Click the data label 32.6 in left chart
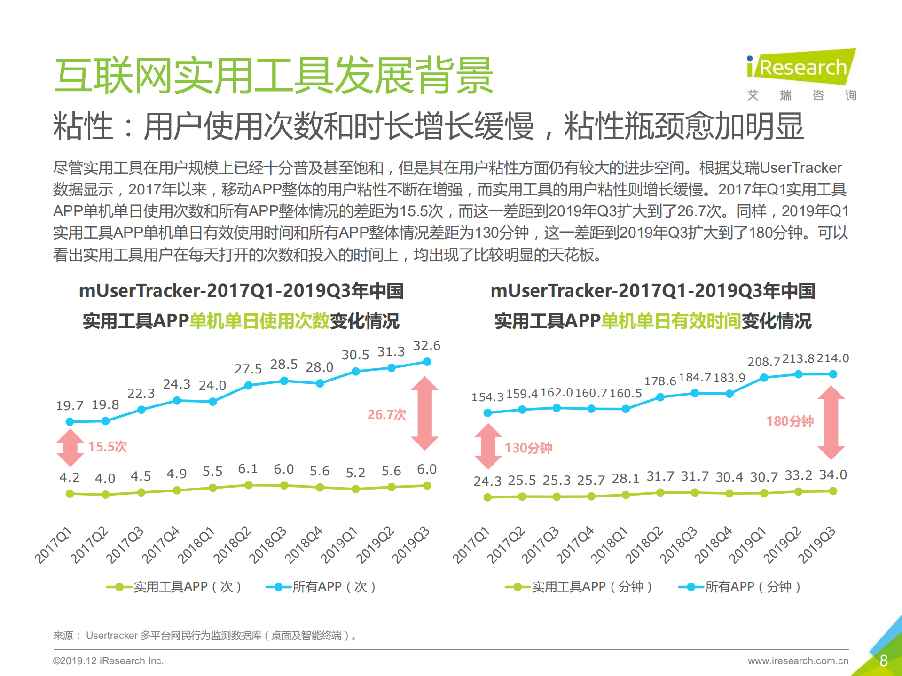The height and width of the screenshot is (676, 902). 426,346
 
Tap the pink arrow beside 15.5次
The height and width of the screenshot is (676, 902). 70,448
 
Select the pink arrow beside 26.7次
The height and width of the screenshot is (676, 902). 424,413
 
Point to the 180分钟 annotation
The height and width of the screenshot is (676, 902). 790,421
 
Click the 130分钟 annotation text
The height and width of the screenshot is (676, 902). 528,448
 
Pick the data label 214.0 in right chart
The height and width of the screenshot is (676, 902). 833,358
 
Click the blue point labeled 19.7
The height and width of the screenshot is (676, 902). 70,422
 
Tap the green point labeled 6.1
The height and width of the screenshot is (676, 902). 249,485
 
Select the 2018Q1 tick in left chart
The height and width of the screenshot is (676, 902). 196,545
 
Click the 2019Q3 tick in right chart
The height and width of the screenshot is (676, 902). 817,545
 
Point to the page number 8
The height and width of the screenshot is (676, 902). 883,660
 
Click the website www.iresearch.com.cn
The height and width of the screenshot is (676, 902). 798,661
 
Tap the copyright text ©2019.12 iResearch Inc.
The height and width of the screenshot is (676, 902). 108,661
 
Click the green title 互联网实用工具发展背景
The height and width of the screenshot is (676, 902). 274,75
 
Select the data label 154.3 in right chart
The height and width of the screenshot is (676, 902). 487,397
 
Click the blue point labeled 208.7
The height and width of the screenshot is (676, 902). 764,378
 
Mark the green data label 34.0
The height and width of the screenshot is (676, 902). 833,475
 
